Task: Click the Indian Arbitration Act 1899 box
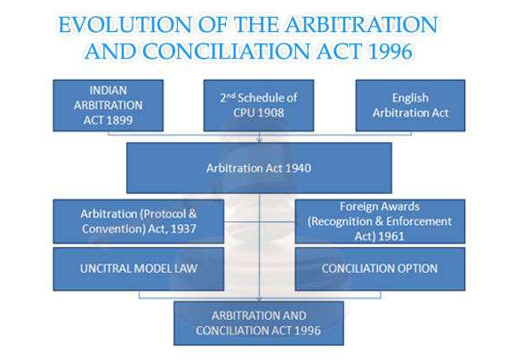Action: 108,106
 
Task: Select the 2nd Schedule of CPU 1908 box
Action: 258,106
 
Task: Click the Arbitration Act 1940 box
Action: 258,167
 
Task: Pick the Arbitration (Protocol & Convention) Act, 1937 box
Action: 137,221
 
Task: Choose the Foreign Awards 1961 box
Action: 380,221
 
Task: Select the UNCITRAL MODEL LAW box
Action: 137,268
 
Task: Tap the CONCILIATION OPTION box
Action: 380,268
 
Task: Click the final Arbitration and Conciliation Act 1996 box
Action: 258,323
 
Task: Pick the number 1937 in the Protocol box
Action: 181,228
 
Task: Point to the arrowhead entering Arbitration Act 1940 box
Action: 258,139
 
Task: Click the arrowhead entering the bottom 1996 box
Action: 258,299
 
